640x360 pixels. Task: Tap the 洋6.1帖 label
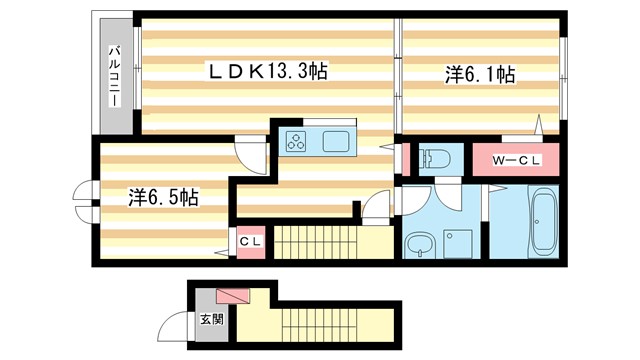pyautogui.click(x=480, y=74)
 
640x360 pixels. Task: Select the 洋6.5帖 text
pyautogui.click(x=162, y=197)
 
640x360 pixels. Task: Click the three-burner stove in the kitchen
pyautogui.click(x=298, y=141)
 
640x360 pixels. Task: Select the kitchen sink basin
pyautogui.click(x=336, y=141)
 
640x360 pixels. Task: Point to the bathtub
pyautogui.click(x=546, y=222)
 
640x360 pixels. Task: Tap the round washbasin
pyautogui.click(x=417, y=245)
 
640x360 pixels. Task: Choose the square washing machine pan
pyautogui.click(x=461, y=244)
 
